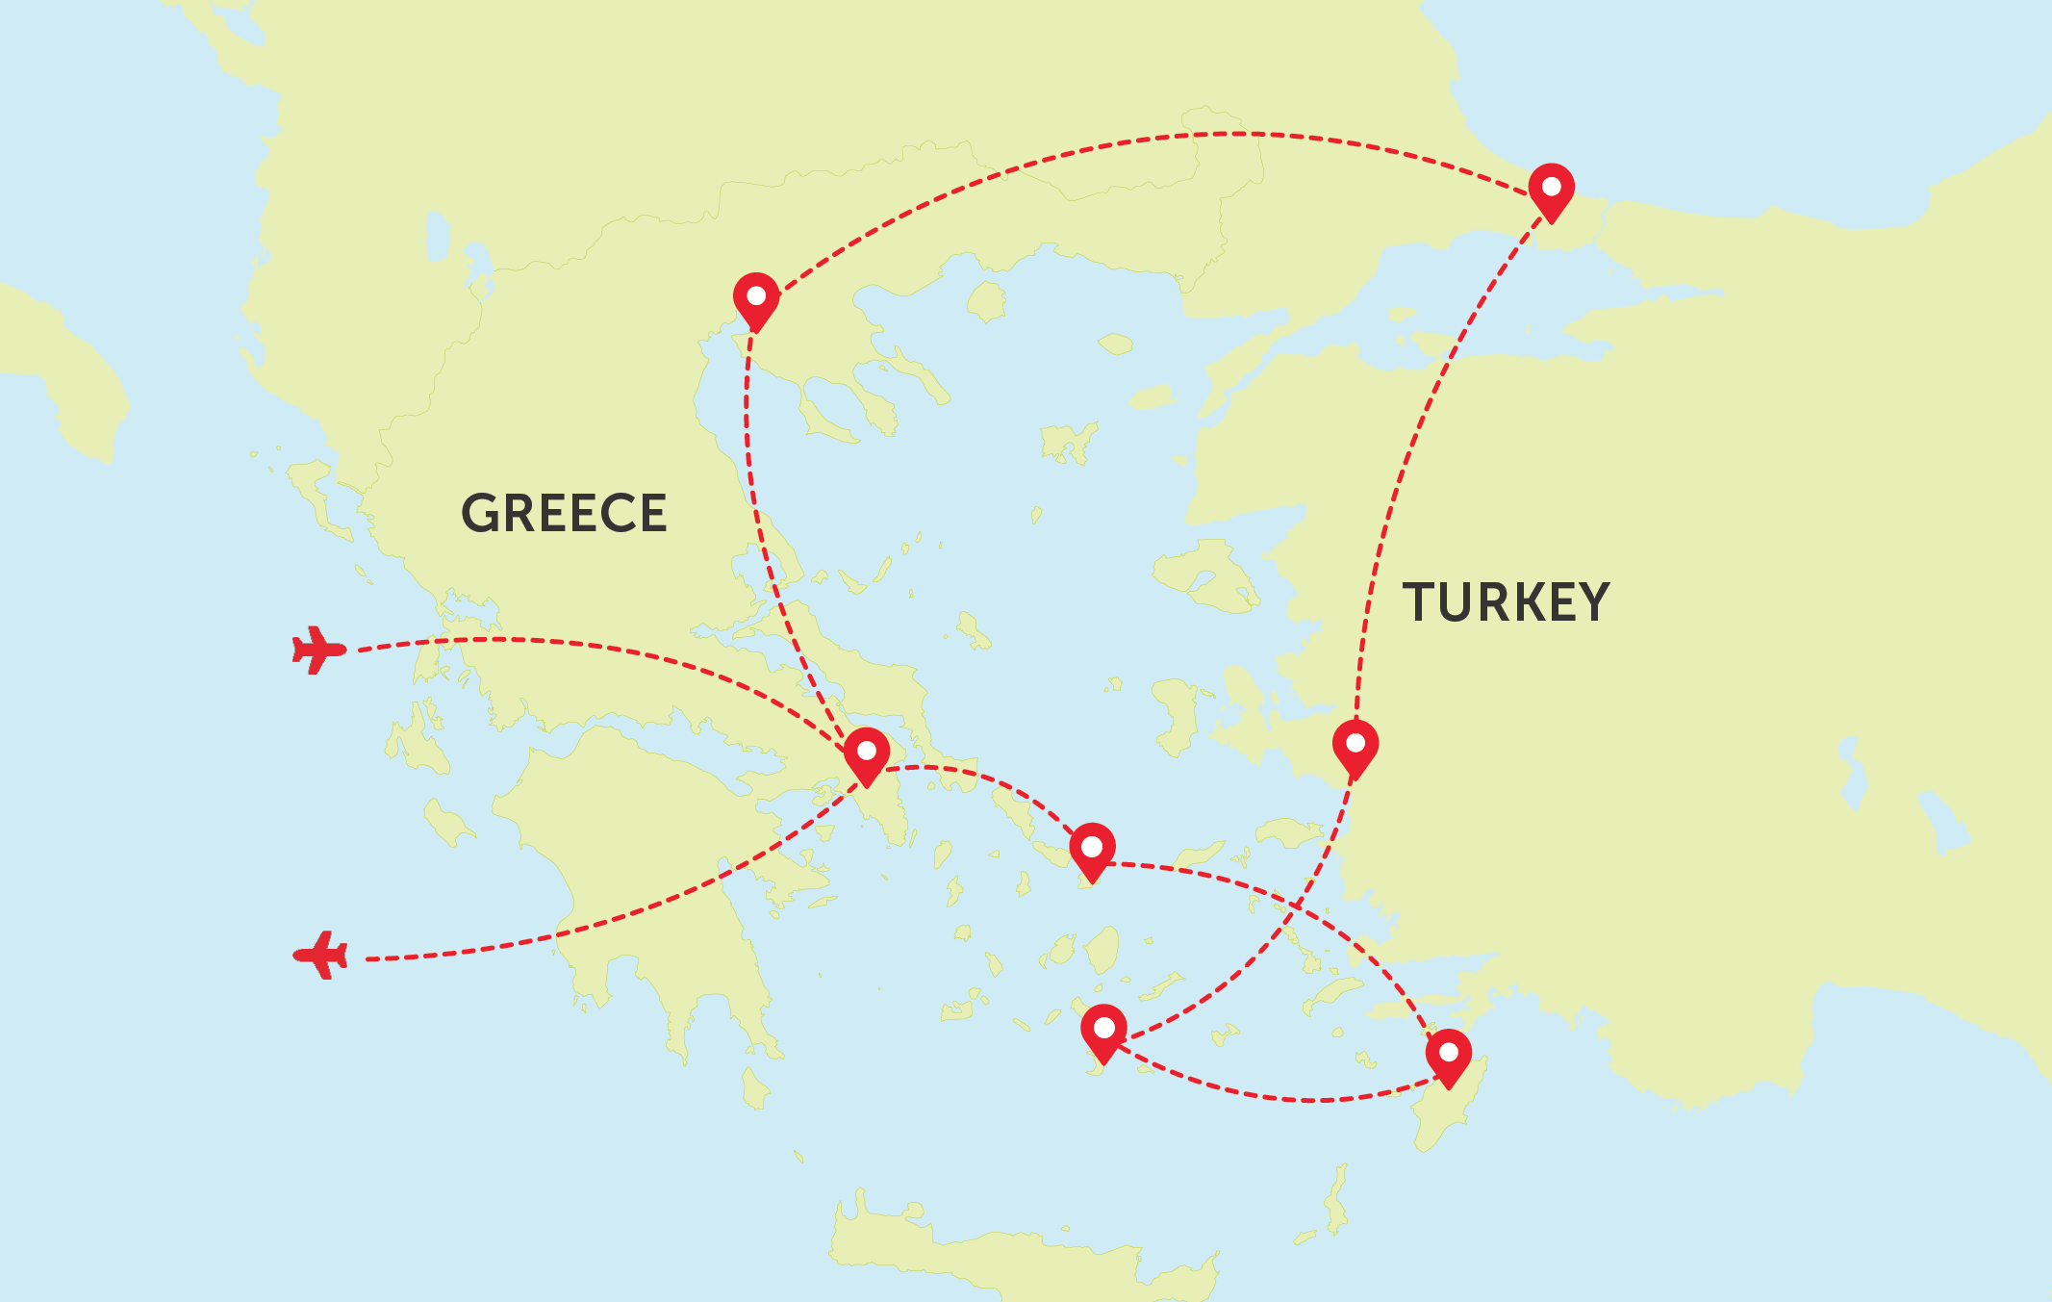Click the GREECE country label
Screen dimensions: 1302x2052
click(x=564, y=513)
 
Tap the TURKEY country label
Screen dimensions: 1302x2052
click(x=1506, y=602)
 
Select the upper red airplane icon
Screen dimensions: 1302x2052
click(x=318, y=651)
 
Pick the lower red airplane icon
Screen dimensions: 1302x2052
click(x=320, y=956)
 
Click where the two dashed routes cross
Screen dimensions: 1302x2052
click(x=1295, y=906)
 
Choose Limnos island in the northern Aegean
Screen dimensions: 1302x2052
click(x=1068, y=443)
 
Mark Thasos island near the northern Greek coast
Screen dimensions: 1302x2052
click(x=986, y=301)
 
